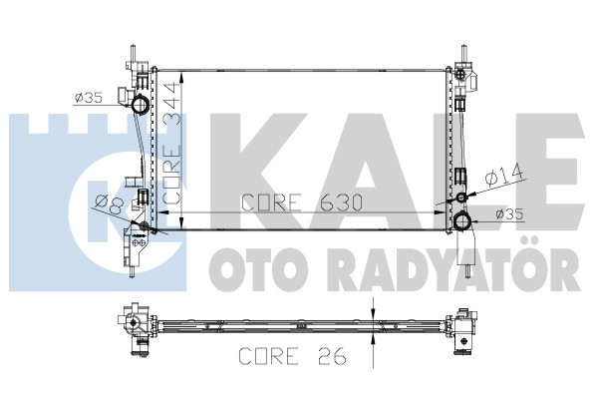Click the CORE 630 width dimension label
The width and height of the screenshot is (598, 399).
(302, 202)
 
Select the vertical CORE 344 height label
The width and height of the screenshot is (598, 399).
(171, 143)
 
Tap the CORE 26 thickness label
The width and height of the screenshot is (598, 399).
(292, 356)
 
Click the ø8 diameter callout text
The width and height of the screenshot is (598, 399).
(110, 204)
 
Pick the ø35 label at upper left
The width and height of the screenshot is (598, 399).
(88, 98)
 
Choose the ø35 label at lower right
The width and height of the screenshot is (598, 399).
(509, 214)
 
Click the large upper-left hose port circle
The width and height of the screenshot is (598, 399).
(141, 104)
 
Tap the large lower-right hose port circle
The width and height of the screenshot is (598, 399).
(462, 220)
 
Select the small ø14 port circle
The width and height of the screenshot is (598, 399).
(461, 198)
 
